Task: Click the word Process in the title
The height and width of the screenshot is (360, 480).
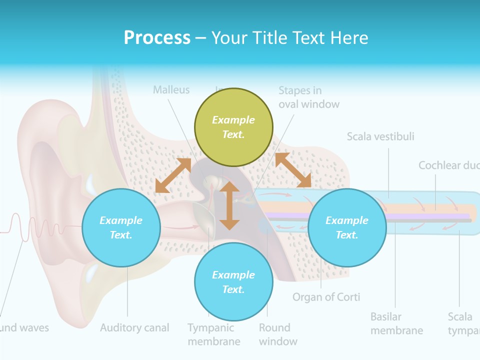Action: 157,37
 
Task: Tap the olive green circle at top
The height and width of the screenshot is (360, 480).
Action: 233,127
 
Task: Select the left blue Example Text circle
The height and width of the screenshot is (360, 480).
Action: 121,227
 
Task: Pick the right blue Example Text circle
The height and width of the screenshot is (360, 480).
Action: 347,227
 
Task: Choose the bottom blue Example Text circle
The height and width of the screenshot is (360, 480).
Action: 233,282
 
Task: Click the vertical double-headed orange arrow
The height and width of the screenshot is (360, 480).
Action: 229,205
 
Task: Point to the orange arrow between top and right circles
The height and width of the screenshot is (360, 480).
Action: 293,170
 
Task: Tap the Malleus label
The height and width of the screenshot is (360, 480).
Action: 171,90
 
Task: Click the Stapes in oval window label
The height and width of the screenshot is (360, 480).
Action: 308,97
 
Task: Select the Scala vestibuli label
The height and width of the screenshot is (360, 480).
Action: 380,136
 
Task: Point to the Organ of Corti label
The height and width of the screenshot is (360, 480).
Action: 326,297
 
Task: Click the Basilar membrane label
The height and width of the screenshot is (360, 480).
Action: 396,323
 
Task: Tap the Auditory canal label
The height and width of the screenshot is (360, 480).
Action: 134,328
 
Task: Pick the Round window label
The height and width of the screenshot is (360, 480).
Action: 278,334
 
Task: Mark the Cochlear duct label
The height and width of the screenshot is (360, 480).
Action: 448,165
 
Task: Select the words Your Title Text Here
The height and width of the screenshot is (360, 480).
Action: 289,37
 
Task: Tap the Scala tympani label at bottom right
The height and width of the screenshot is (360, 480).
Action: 463,323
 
